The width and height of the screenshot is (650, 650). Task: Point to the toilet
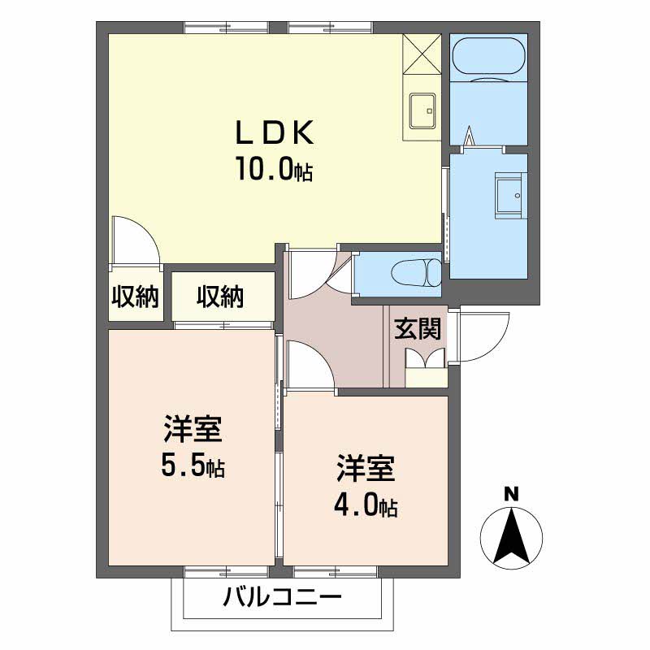[x=414, y=271]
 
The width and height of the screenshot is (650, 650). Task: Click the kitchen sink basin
[x=422, y=110]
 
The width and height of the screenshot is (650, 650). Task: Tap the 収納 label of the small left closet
[x=135, y=297]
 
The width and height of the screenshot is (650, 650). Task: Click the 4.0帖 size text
[x=365, y=505]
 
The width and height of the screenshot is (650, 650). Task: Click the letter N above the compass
[x=511, y=493]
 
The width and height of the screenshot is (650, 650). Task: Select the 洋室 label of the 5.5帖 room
[x=193, y=428]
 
